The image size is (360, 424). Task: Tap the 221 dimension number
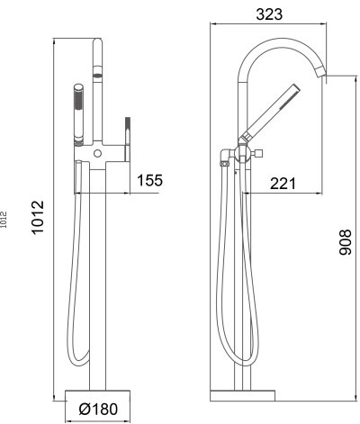tap(283, 183)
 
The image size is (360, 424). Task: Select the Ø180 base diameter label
tap(100, 408)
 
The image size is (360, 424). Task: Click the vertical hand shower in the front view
tap(79, 113)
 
